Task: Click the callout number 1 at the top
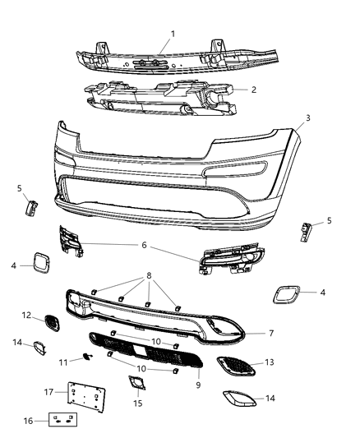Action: click(172, 34)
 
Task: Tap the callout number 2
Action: click(254, 90)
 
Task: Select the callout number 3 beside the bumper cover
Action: click(307, 118)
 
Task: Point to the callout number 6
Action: click(144, 244)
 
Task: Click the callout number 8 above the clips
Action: click(149, 276)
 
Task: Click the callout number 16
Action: click(29, 421)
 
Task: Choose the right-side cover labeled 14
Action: click(239, 399)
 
